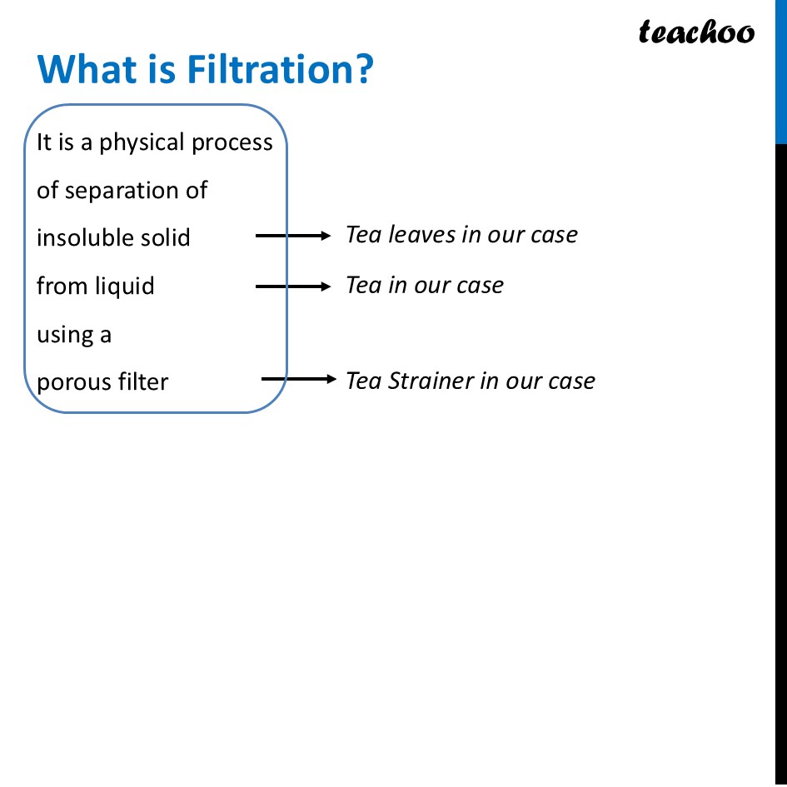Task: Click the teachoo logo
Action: click(x=696, y=32)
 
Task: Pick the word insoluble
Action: click(x=82, y=238)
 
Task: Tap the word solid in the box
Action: click(x=170, y=238)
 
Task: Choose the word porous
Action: click(x=77, y=383)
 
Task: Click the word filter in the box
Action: click(x=146, y=382)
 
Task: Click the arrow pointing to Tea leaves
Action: click(x=293, y=237)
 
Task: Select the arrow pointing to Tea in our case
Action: click(x=293, y=286)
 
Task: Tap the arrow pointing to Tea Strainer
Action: click(x=297, y=380)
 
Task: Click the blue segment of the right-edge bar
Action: click(x=781, y=72)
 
